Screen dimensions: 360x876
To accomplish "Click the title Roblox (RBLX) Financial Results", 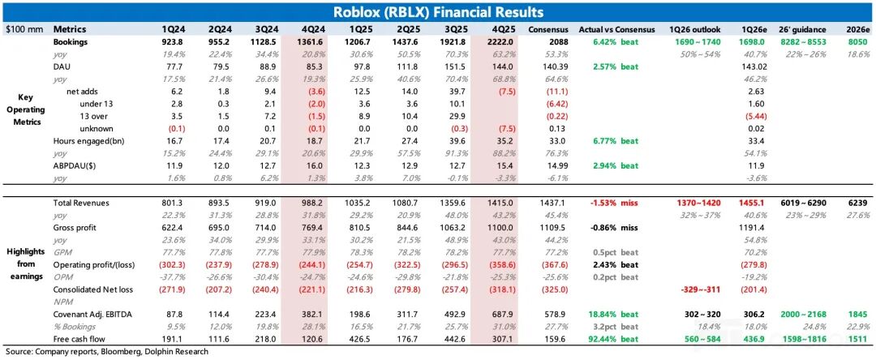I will [439, 12].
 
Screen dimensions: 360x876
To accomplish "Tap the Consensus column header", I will [547, 28].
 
